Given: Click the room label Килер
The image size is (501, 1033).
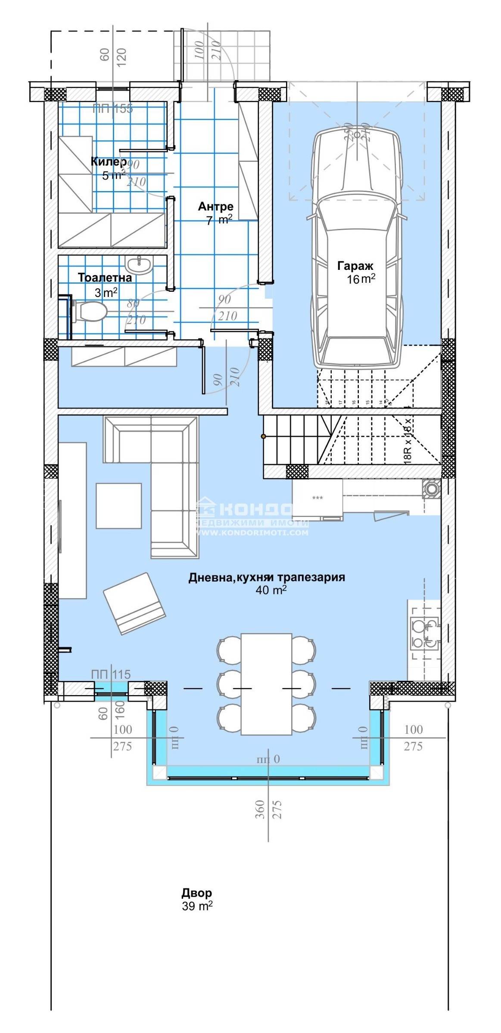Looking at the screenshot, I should pyautogui.click(x=109, y=162).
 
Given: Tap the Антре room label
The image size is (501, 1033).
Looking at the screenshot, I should pyautogui.click(x=215, y=207).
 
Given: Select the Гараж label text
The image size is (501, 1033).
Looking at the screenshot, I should pyautogui.click(x=355, y=266).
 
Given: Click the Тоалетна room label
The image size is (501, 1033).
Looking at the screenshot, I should pyautogui.click(x=105, y=278).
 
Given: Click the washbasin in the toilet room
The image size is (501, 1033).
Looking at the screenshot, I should pyautogui.click(x=139, y=264).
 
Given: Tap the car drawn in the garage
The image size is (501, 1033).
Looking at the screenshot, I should pyautogui.click(x=357, y=250).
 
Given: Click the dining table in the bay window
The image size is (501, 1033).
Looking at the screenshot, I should pyautogui.click(x=266, y=684).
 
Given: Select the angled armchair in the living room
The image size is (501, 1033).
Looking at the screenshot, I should pyautogui.click(x=134, y=603).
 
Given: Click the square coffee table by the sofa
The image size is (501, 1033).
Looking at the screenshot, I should pyautogui.click(x=118, y=506).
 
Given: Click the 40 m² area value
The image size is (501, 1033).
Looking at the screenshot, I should pyautogui.click(x=271, y=590).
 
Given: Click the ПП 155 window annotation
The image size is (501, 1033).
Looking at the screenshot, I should pyautogui.click(x=113, y=109).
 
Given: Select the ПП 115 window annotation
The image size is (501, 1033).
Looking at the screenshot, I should pyautogui.click(x=111, y=674).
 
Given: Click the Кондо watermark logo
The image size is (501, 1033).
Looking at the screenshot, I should pyautogui.click(x=252, y=510).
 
